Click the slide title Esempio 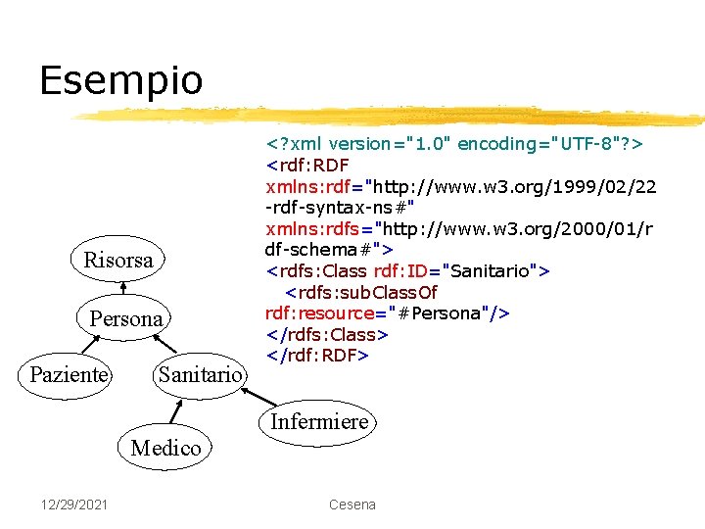click(121, 79)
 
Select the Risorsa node click(118, 261)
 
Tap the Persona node click(126, 318)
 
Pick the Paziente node click(69, 374)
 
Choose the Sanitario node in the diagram click(199, 374)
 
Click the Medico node click(165, 448)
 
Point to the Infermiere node click(319, 422)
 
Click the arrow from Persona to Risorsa click(123, 290)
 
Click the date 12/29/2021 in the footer click(74, 505)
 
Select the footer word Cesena click(352, 505)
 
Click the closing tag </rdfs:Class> click(327, 334)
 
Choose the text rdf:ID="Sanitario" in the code click(461, 270)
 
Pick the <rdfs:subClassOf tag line click(361, 292)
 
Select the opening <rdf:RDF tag click(307, 165)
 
